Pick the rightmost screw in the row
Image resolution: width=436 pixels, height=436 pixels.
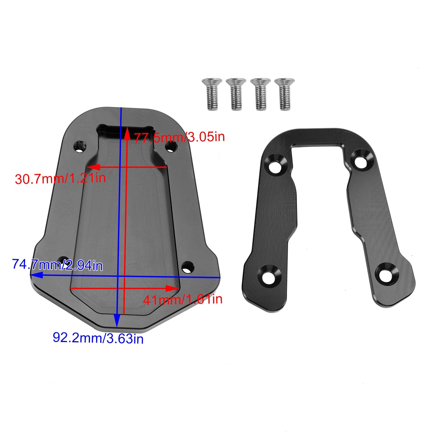(284, 94)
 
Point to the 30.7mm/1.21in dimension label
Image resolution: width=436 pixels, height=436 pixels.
(60, 179)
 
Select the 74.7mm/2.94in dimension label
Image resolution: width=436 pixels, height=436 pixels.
(57, 265)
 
